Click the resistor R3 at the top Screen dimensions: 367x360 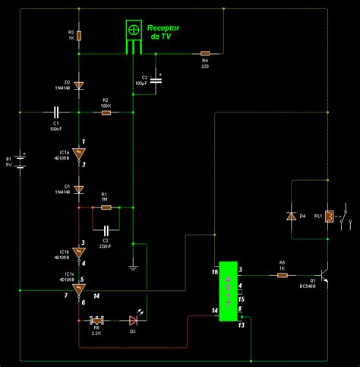click(80, 35)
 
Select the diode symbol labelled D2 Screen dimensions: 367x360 click(80, 85)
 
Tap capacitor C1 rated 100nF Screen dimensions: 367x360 click(56, 112)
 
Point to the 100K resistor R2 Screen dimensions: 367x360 click(106, 112)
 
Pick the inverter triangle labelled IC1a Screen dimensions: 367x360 click(80, 153)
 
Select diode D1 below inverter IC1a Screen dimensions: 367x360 click(80, 188)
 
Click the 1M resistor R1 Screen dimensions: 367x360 click(106, 207)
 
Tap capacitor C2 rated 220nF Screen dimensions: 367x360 click(106, 227)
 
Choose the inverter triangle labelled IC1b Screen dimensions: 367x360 click(80, 252)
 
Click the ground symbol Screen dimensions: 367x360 click(132, 265)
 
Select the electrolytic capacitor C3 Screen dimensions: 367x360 click(156, 80)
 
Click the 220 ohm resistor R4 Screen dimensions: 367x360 click(204, 53)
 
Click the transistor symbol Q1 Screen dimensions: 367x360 click(324, 275)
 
